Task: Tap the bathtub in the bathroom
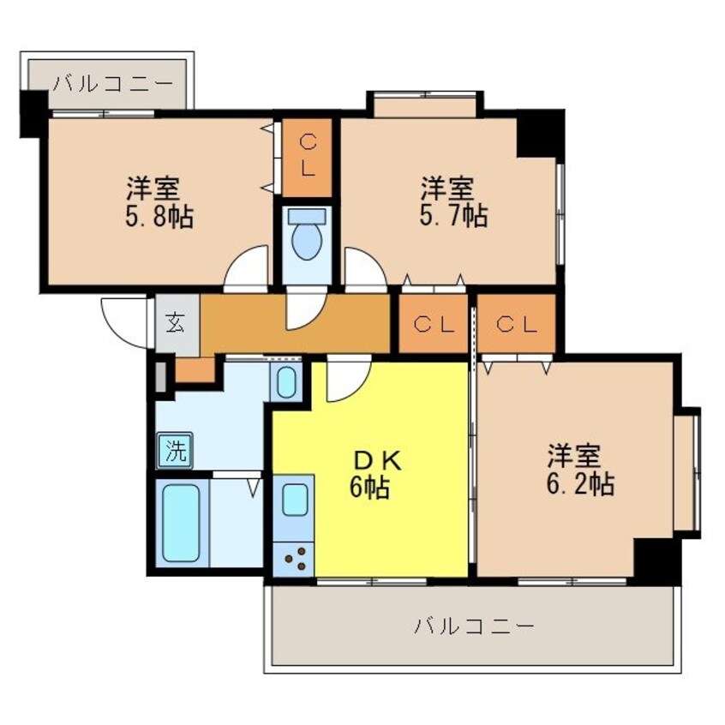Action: coord(181,524)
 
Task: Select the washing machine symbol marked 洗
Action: coord(175,452)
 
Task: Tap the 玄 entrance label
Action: coord(176,324)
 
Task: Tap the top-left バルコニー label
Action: coord(112,84)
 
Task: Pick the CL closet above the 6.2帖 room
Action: coord(516,324)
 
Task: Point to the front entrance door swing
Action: coord(127,321)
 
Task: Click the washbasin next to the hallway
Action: coord(286,380)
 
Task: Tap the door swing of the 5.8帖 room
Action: coord(248,268)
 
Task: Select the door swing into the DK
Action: coord(345,379)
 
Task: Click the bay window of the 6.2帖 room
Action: coord(686,471)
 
